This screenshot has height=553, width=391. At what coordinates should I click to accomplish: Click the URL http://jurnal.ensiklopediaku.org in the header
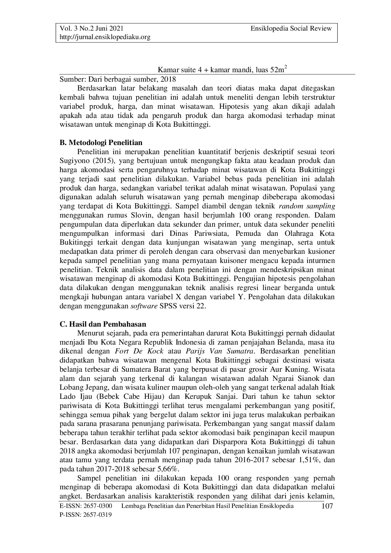click(105, 37)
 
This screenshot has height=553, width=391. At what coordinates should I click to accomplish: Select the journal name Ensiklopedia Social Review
click(291, 29)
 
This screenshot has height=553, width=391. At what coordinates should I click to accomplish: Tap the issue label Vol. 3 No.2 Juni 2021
click(91, 29)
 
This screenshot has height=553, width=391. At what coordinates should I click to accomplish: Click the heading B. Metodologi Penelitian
click(101, 143)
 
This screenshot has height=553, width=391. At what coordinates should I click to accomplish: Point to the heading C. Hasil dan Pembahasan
click(103, 324)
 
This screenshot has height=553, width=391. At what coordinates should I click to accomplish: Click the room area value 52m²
click(278, 70)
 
